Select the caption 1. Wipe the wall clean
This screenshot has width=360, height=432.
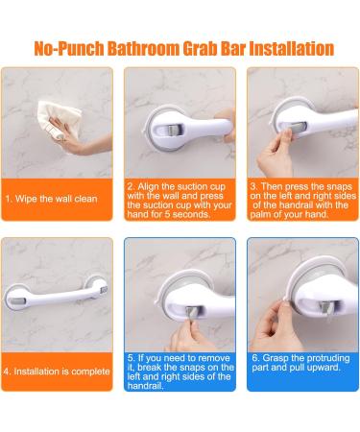pos(52,200)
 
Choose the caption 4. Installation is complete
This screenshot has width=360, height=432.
pos(56,371)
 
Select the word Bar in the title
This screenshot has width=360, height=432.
pos(243,48)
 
